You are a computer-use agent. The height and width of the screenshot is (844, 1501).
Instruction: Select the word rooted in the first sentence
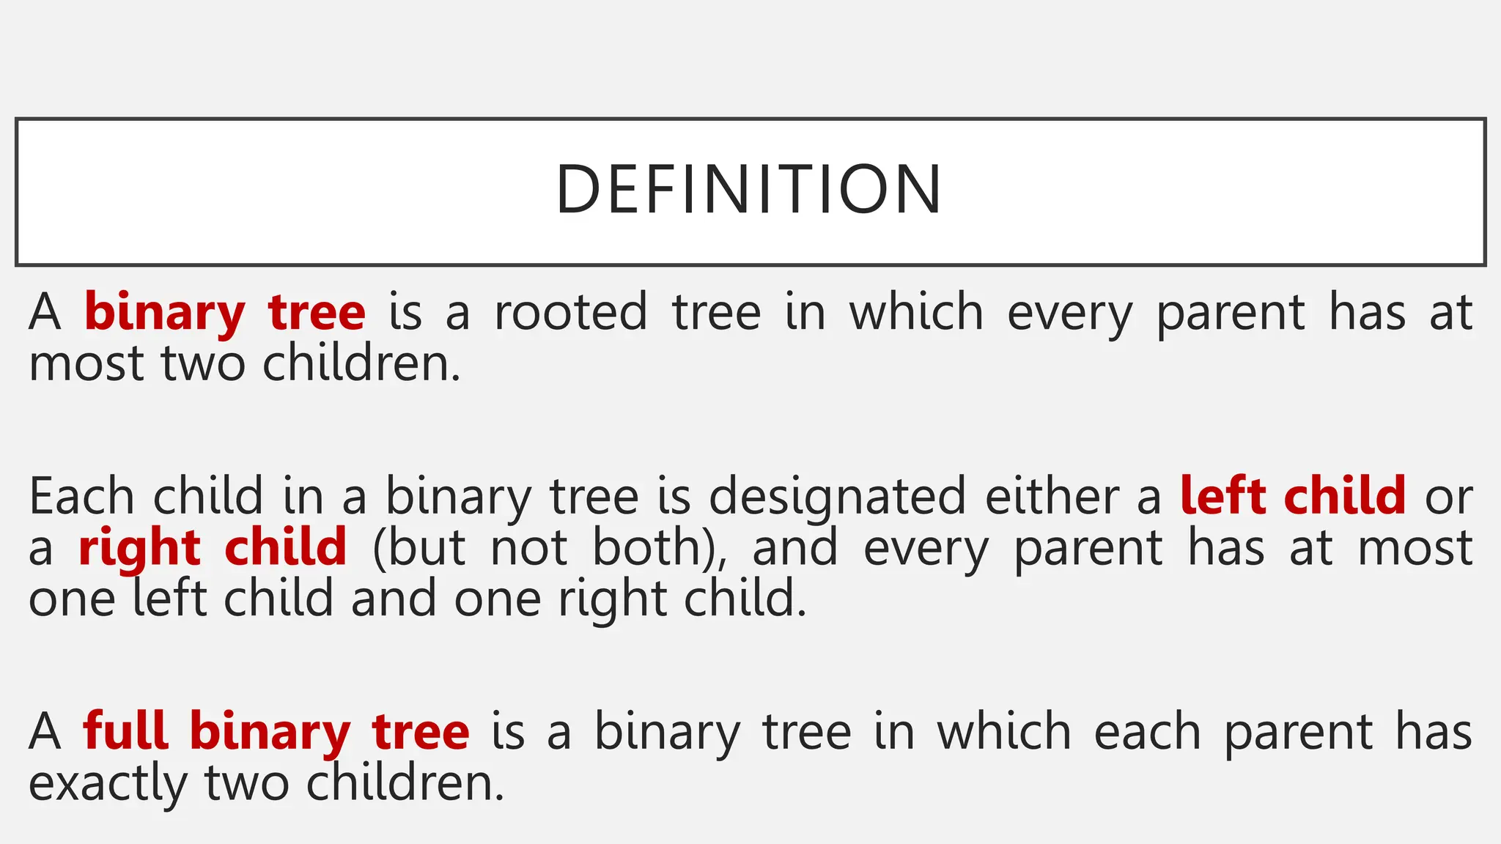point(571,312)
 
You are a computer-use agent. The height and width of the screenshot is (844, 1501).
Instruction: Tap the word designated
point(837,497)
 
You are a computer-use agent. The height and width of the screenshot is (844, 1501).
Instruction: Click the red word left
point(1222,497)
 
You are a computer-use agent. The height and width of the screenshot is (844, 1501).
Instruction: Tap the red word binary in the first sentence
point(164,314)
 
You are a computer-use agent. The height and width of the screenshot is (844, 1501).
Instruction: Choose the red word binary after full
point(270,733)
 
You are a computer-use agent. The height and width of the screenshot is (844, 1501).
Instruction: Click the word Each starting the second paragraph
point(81,497)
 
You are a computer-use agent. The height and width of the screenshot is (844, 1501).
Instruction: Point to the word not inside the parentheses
point(528,548)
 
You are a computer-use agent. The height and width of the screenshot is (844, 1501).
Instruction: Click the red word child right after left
point(1344,497)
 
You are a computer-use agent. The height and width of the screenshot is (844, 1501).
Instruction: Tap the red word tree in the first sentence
point(317,312)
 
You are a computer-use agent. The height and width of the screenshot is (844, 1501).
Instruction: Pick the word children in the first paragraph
point(361,363)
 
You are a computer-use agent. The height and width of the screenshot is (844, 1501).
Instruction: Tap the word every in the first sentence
point(1069,314)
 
